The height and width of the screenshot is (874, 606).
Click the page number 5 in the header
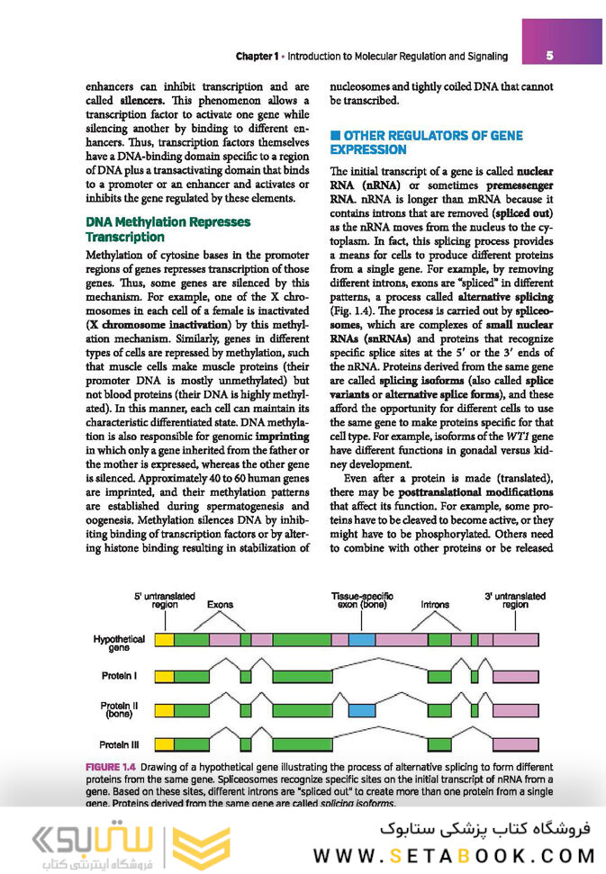[x=549, y=56]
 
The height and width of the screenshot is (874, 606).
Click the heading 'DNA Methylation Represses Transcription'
[x=167, y=229]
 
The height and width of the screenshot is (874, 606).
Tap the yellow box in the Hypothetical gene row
[x=165, y=639]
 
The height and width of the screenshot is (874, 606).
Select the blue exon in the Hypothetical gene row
[x=361, y=639]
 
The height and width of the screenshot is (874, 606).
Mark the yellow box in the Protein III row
[x=165, y=743]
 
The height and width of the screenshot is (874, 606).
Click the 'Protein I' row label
[x=119, y=674]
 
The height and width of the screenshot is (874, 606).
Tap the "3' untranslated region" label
[x=514, y=600]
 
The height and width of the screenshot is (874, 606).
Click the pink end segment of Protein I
[x=517, y=674]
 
